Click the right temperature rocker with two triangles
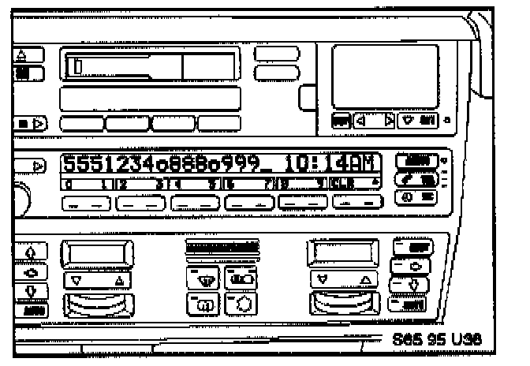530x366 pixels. tap(342, 278)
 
